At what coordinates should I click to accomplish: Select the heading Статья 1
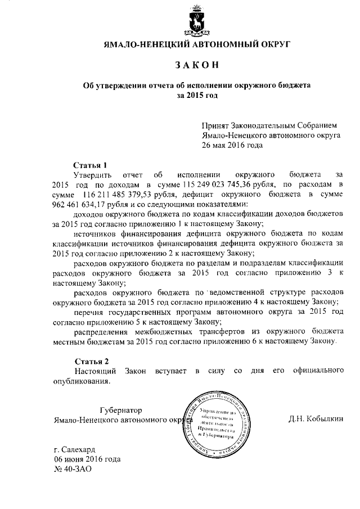[91, 165]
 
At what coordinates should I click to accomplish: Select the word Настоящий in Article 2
[95, 371]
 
